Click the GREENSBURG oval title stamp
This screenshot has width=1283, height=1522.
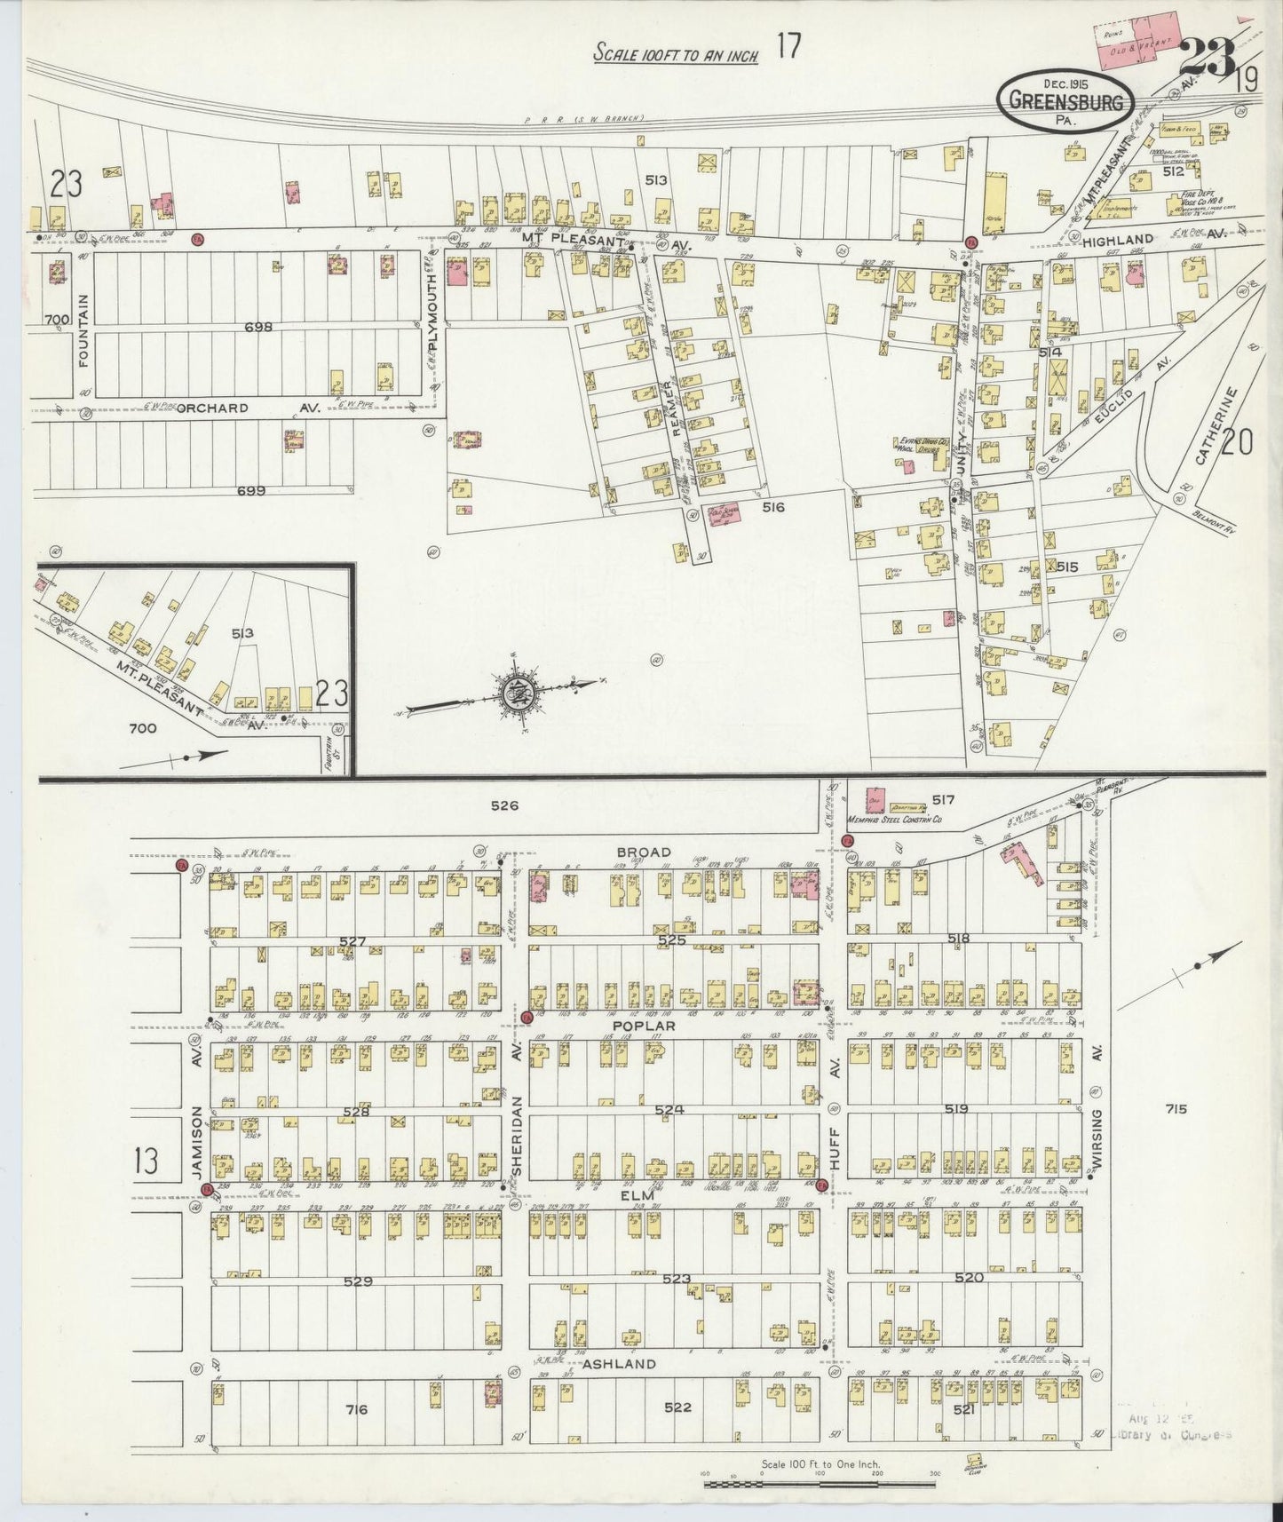[1065, 102]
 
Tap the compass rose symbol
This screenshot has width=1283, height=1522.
[515, 694]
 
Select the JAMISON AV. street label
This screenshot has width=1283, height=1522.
[197, 1113]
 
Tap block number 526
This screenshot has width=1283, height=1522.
[504, 806]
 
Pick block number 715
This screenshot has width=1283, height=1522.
[1177, 1108]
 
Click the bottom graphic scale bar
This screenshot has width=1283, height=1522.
[821, 1478]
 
